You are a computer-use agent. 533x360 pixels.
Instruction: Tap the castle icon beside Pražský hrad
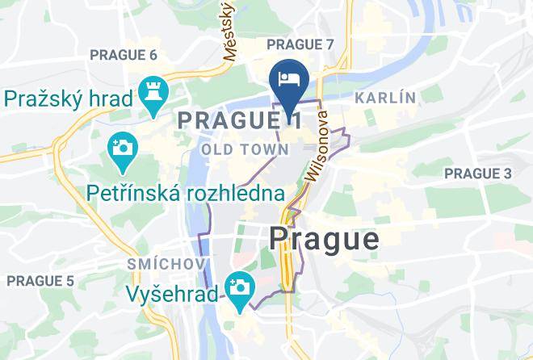[151, 91]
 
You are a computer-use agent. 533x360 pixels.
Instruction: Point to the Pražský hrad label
[69, 98]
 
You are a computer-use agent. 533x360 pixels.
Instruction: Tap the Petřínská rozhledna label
[186, 193]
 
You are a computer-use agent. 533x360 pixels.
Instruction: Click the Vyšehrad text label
[172, 294]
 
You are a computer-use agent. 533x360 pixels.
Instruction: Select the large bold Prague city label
[324, 238]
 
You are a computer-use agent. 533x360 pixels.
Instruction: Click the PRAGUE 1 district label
[239, 120]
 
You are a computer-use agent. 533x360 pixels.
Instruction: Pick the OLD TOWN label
[245, 149]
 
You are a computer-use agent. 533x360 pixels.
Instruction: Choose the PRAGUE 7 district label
[300, 44]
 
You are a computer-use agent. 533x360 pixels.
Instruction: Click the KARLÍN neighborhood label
[385, 98]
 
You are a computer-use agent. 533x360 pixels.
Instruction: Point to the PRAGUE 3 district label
[478, 174]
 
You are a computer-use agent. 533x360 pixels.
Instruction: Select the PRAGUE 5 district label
[40, 281]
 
